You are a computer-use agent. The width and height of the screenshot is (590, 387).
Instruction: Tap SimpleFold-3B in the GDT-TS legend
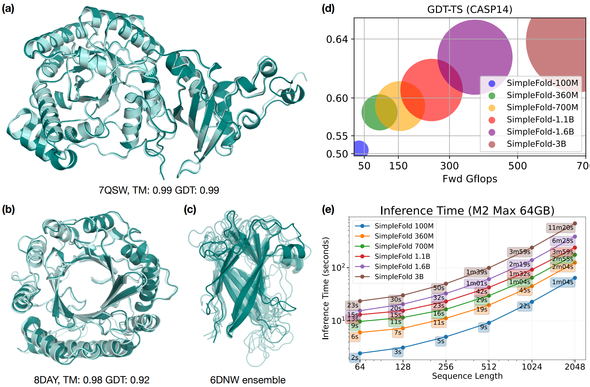[536, 144]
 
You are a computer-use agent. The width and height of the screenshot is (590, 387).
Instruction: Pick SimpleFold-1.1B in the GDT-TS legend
[540, 120]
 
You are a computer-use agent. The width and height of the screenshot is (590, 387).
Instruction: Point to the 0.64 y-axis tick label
[337, 39]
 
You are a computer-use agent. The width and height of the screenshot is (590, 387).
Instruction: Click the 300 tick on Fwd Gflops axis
[449, 166]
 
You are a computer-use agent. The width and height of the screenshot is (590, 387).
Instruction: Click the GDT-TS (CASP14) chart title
[470, 9]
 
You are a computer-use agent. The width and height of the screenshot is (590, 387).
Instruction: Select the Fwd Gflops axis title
[470, 179]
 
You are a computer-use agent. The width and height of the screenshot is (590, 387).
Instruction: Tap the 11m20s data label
[561, 228]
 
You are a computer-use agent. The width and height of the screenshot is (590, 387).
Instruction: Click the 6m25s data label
[562, 241]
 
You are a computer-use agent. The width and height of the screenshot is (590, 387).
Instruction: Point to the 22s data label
[525, 306]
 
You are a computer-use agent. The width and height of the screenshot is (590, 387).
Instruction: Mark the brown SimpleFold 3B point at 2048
[575, 224]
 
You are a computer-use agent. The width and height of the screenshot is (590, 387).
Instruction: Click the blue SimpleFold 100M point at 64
[360, 353]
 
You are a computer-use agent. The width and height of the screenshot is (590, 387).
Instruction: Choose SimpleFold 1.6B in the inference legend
[402, 266]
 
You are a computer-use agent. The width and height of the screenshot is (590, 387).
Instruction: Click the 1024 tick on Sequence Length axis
[532, 367]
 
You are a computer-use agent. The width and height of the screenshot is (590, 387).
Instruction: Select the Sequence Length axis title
[467, 376]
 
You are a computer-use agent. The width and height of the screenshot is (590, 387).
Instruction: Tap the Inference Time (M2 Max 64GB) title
[467, 211]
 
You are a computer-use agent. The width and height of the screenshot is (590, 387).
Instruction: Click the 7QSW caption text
[159, 190]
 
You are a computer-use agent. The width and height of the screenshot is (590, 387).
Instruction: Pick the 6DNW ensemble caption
[247, 380]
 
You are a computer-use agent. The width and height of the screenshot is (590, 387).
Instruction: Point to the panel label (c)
[190, 209]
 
